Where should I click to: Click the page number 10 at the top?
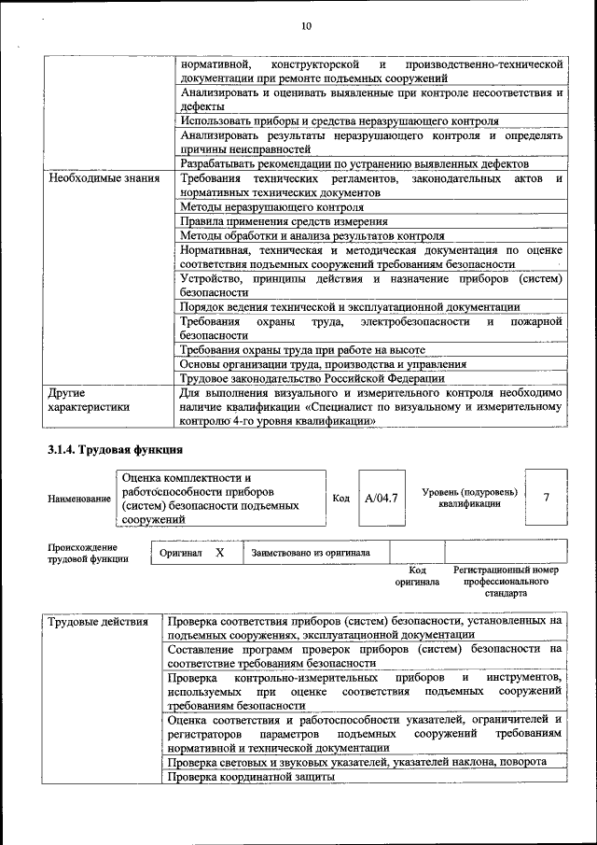tap(305, 25)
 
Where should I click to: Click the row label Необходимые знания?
tap(104, 177)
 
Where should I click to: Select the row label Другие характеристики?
tap(90, 400)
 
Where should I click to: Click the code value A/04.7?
tap(381, 498)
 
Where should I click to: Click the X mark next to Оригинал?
tap(219, 552)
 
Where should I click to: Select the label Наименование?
tap(79, 500)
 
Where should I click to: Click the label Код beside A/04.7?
tap(340, 498)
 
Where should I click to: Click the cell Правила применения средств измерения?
tap(284, 221)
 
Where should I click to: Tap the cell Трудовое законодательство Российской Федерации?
tap(312, 378)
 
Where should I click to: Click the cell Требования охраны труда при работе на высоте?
tap(302, 349)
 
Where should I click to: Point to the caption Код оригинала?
tap(417, 574)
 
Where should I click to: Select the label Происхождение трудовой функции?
tap(82, 552)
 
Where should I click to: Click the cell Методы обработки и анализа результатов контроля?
tap(312, 236)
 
